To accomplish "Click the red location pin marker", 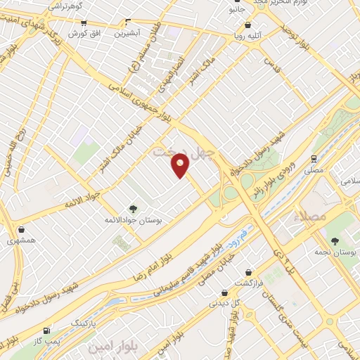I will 181,165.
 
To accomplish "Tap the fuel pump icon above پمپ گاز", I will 46,330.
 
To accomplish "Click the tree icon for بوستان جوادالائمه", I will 131,208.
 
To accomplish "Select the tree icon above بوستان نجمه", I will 345,240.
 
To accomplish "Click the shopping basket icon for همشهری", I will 21,229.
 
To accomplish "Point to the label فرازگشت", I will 248,282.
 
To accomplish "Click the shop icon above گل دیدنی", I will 224,293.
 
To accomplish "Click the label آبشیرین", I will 133,33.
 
